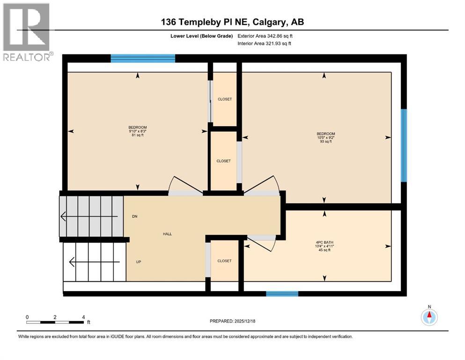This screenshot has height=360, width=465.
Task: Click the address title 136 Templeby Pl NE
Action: pos(232,22)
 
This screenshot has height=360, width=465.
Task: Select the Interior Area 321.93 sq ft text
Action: pos(265,44)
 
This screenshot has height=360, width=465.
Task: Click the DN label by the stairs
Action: pos(135,217)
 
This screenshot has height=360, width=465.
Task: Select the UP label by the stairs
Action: pos(138,262)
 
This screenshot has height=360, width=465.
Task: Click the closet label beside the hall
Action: pos(224,261)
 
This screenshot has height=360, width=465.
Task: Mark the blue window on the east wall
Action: pos(404,145)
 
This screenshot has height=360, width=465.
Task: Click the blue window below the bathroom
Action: pos(282,294)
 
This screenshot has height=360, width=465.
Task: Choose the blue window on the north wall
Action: pos(143,59)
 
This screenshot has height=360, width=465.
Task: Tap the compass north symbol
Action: pos(429,317)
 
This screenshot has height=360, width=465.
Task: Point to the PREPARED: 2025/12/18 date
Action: pos(232,321)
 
